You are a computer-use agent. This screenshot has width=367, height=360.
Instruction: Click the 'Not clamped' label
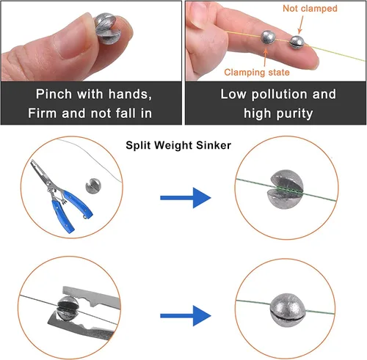(310, 9)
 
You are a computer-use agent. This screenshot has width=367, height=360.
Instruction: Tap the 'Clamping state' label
(257, 73)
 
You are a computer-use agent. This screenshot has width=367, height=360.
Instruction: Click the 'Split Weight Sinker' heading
(178, 145)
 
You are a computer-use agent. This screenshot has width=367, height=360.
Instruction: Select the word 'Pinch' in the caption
(54, 94)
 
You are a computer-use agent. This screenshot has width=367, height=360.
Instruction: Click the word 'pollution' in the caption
(280, 95)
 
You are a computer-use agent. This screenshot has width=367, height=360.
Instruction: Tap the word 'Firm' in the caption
(43, 113)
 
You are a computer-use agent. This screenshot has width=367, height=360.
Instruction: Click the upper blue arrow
(186, 198)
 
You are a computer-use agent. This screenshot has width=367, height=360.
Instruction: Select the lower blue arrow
(186, 315)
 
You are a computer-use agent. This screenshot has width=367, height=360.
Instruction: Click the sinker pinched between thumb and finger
(106, 29)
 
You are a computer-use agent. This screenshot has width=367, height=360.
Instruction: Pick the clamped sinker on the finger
(268, 37)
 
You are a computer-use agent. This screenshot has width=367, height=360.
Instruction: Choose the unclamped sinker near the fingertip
(297, 43)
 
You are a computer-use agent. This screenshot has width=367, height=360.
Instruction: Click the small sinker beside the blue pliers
(93, 186)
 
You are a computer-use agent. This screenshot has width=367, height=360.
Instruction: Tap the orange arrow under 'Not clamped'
(300, 25)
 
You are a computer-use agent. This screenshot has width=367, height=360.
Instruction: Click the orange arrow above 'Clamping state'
(266, 56)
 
